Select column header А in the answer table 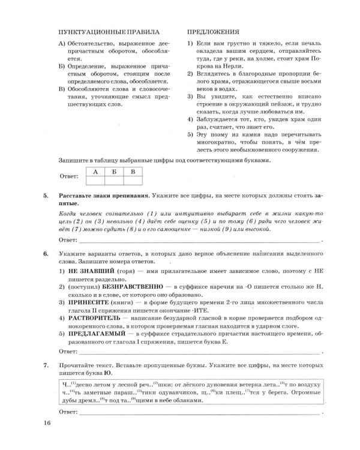95,171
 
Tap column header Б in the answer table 114,171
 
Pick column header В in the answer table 133,171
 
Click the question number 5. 46,196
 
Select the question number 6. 46,254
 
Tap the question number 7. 46,364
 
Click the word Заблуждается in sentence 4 217,119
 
